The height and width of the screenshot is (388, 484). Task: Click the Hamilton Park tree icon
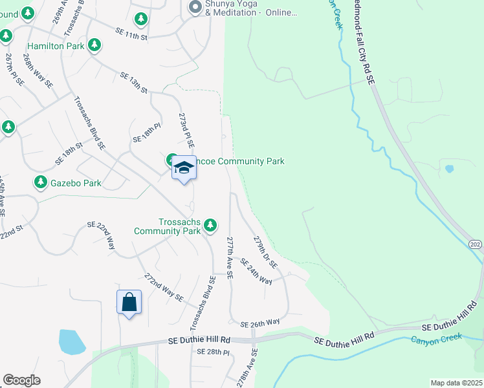[95, 45]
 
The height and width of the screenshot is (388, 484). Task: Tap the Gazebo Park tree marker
[41, 182]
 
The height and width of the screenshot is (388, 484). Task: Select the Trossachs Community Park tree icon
[210, 225]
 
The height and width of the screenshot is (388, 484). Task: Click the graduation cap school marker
[184, 168]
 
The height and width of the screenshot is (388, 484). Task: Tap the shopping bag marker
[129, 301]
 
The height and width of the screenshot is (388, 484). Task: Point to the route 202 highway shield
[476, 243]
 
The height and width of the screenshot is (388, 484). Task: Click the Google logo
[21, 380]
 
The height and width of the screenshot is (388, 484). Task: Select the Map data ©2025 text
[457, 383]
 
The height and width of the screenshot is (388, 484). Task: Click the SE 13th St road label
[134, 82]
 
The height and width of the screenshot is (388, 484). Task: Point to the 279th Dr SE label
[265, 252]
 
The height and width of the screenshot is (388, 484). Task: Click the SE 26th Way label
[259, 323]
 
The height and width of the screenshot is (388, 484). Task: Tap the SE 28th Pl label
[214, 351]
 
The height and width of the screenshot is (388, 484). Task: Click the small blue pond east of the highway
[449, 169]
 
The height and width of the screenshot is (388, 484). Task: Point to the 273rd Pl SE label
[186, 129]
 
